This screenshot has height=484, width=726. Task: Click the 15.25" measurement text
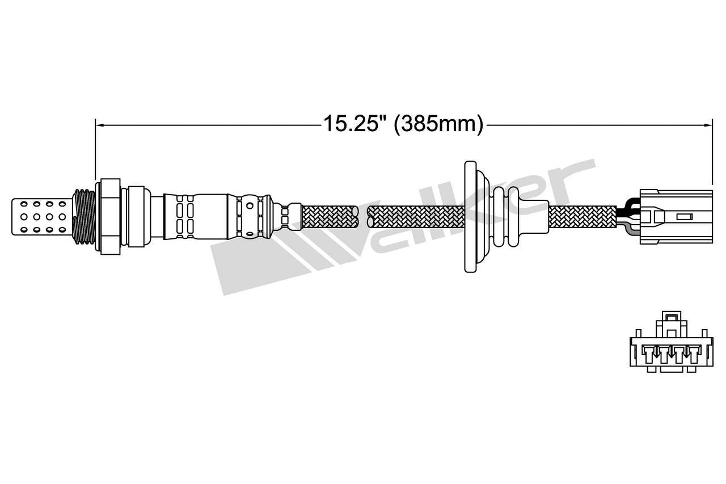point(352,123)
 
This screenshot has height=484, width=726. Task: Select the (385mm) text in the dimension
point(438,123)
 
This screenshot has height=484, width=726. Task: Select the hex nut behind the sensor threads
point(110,216)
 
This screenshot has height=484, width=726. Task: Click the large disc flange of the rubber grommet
point(470,216)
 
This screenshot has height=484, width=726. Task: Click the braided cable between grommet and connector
point(581,216)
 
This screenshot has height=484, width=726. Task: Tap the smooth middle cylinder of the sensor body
point(210,216)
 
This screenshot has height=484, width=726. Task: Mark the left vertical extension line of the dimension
point(95,148)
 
